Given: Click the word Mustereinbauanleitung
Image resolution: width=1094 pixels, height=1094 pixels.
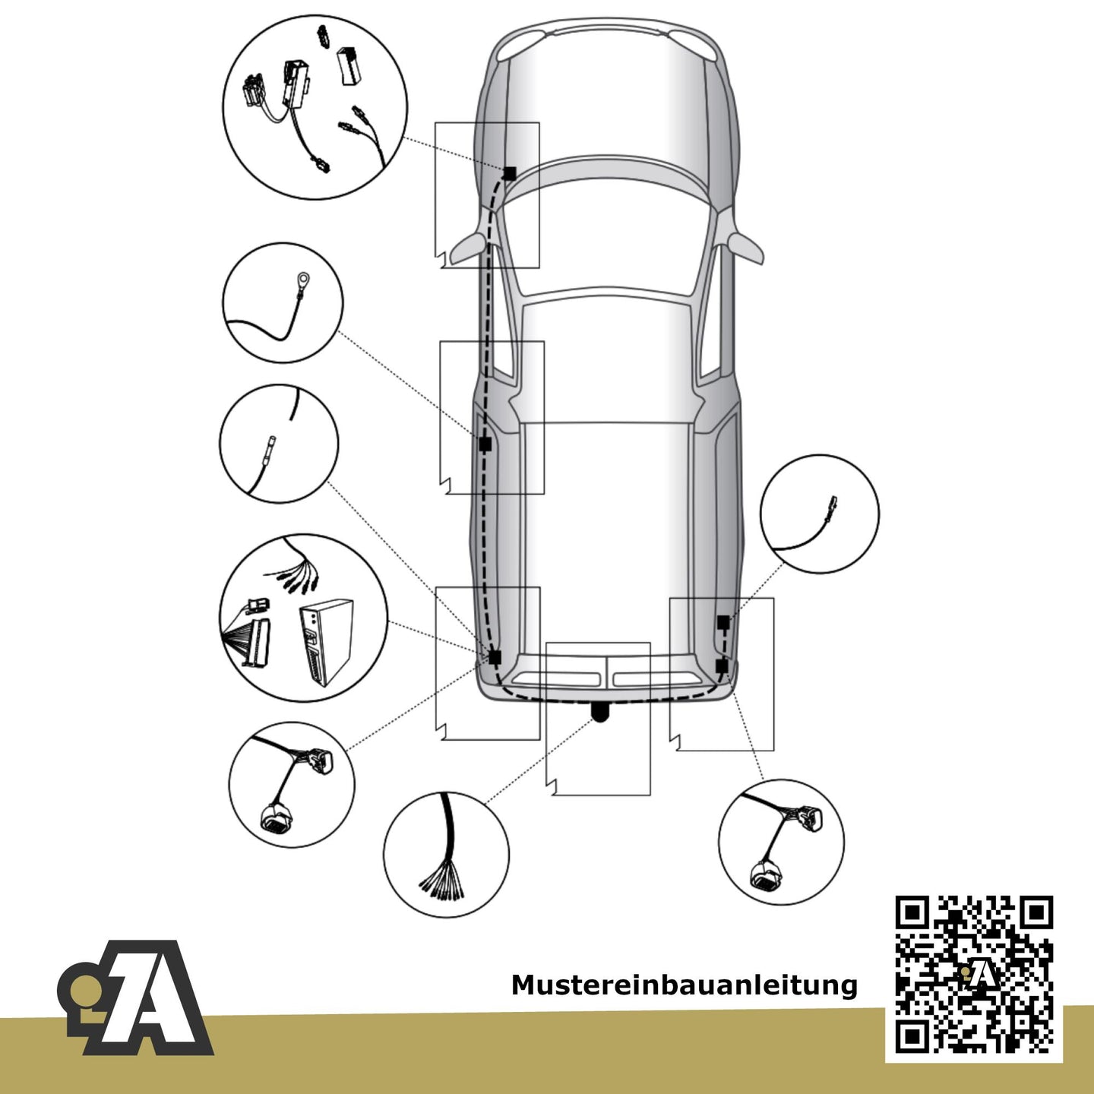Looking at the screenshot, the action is click(684, 985).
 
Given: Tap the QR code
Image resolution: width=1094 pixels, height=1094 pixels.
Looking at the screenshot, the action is click(974, 974).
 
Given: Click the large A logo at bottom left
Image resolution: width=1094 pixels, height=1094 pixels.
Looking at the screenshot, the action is click(136, 998).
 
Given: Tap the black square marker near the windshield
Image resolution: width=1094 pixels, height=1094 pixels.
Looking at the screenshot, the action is click(509, 173).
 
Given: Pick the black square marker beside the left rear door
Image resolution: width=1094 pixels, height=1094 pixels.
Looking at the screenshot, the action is click(484, 444).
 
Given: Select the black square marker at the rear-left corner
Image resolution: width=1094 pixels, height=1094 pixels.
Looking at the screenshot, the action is click(495, 657).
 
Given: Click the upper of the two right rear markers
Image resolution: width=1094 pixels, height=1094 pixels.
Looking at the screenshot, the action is click(722, 621).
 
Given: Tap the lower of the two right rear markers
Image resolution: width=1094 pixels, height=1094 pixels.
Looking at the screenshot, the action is click(722, 665).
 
